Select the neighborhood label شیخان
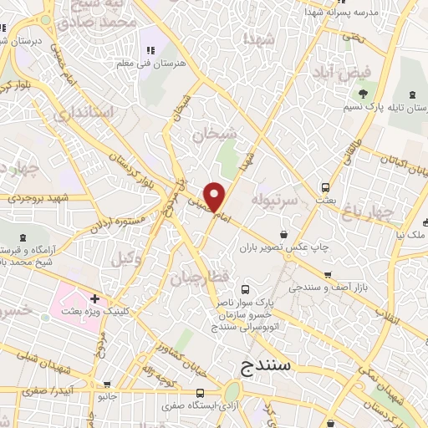214,134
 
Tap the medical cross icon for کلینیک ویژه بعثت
95,298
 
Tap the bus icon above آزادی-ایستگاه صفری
199,392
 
